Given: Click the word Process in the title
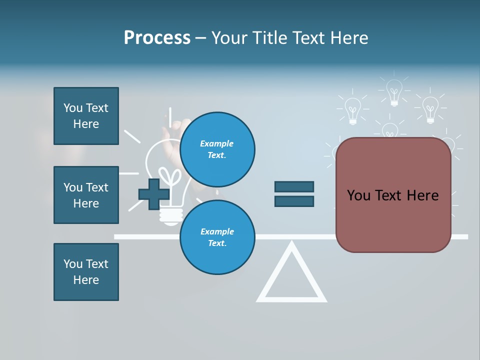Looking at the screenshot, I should tap(157, 38).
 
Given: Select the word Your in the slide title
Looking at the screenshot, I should tap(229, 38).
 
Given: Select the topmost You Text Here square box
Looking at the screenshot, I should tap(86, 116).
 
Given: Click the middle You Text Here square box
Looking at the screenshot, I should tap(86, 195).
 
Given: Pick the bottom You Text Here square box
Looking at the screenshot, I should tap(86, 272).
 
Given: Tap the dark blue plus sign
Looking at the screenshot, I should tap(154, 194).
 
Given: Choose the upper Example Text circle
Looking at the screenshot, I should tap(217, 149).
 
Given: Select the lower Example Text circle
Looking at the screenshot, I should tap(217, 237).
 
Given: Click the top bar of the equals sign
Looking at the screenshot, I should tap(294, 186).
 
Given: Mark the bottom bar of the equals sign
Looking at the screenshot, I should tap(294, 201).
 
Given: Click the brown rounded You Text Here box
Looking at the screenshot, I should tap(393, 220).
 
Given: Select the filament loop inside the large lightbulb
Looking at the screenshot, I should tap(173, 177).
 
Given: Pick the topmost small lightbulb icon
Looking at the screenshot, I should tap(394, 92).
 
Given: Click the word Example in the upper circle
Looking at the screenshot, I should tap(217, 143).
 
